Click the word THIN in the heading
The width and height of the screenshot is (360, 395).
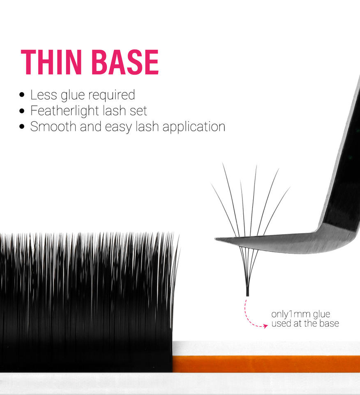(x=51, y=62)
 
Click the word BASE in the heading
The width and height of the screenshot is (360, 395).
(x=125, y=62)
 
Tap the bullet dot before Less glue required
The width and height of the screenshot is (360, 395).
(x=22, y=95)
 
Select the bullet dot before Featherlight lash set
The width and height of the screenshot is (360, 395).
(x=22, y=111)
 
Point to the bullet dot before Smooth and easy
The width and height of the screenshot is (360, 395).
(x=22, y=126)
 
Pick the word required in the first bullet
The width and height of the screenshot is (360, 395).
(x=112, y=95)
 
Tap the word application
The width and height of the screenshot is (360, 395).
(x=194, y=127)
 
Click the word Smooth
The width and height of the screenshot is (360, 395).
(x=53, y=126)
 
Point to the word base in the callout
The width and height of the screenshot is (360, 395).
(x=329, y=323)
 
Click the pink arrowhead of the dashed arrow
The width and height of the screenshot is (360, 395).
(x=265, y=326)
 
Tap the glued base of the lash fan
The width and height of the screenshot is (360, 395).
(x=247, y=292)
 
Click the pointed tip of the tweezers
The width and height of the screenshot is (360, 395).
(x=216, y=239)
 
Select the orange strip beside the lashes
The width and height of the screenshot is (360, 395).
(x=266, y=364)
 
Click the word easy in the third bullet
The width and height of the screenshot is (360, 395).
(x=118, y=128)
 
